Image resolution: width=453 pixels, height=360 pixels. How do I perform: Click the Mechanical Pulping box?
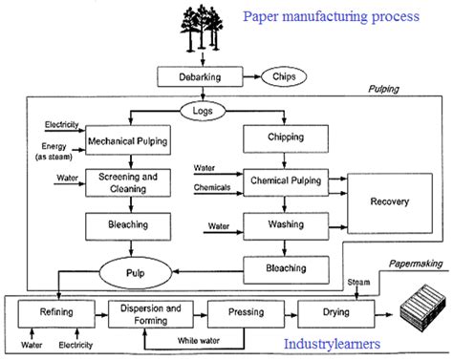(x=128, y=142)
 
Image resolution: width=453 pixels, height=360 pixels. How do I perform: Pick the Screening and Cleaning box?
(x=128, y=182)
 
